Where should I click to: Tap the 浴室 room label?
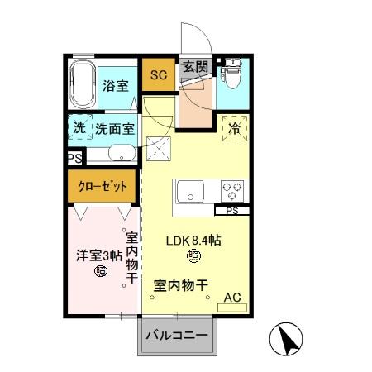pos(115,85)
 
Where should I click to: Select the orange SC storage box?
pos(158,74)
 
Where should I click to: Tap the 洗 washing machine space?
pos(79,128)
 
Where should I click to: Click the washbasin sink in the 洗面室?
pos(122,154)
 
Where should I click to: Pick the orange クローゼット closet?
pos(103,186)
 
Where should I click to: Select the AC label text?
pos(232,295)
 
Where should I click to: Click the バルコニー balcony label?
pos(177,336)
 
